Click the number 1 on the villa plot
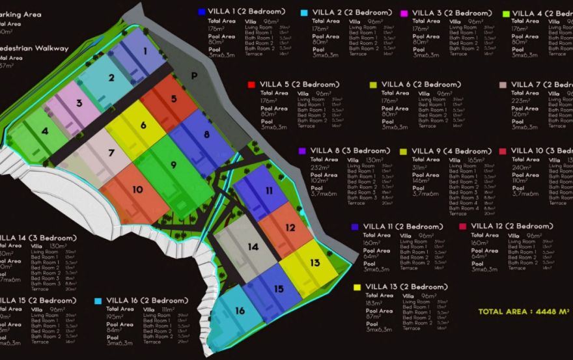tap(145, 51)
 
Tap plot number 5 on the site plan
tap(174, 100)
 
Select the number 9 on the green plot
tap(173, 165)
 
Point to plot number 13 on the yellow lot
tap(315, 263)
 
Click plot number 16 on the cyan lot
tap(240, 311)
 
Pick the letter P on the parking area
tap(194, 76)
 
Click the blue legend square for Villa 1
tap(202, 12)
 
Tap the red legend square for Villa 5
tap(251, 85)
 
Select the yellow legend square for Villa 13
tap(357, 287)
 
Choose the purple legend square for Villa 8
tap(302, 151)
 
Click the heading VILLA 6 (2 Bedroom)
tap(421, 84)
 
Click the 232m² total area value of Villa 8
tap(320, 167)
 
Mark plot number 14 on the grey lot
tap(253, 247)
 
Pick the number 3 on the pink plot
tap(79, 103)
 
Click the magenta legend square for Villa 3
tap(404, 12)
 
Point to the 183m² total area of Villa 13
tap(374, 303)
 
